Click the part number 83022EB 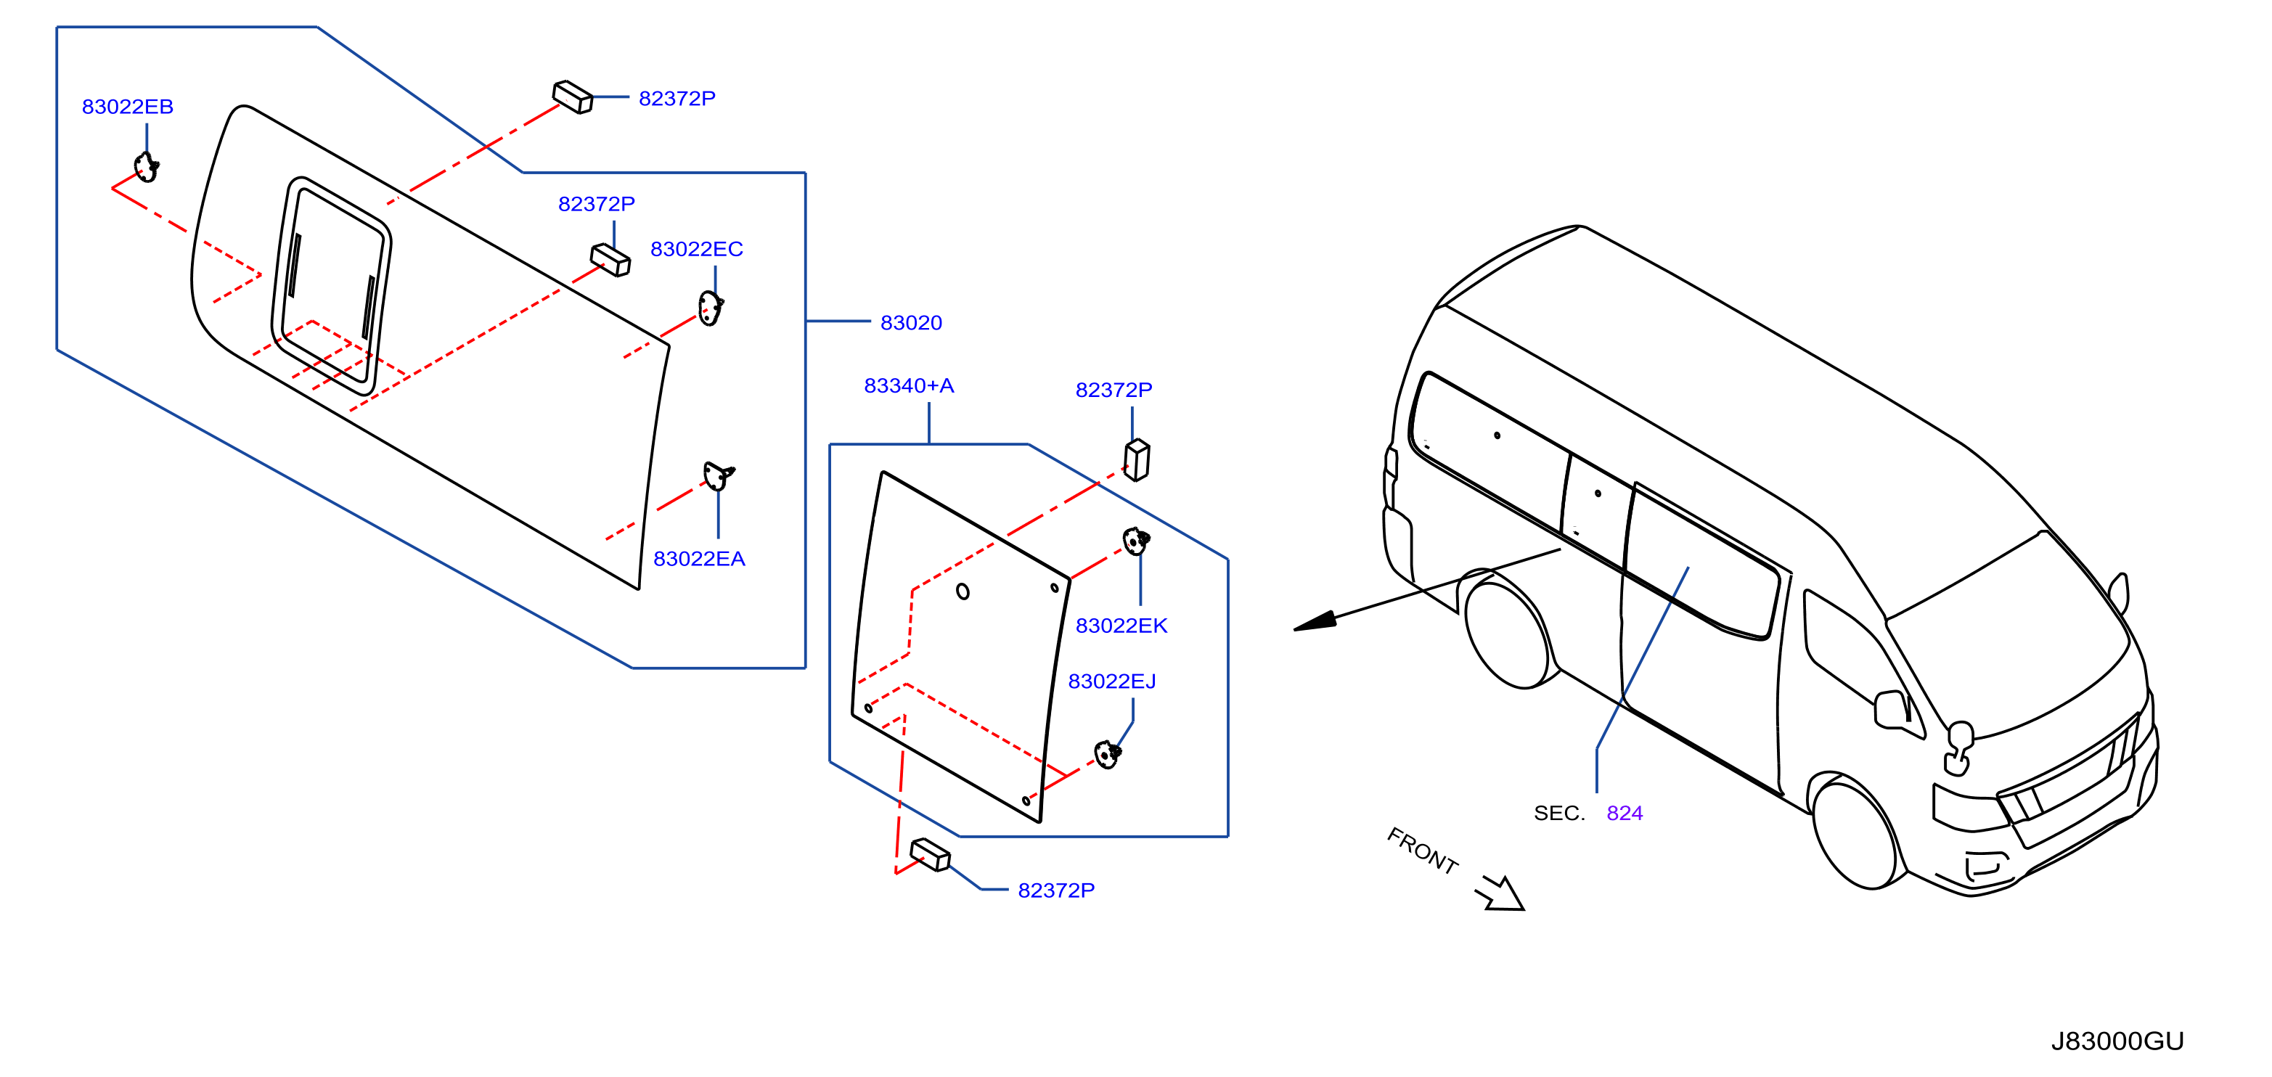click(x=127, y=107)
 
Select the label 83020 click(x=911, y=323)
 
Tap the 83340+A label click(x=909, y=385)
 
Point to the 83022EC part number click(x=696, y=249)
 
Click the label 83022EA click(x=698, y=558)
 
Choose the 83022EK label click(x=1121, y=626)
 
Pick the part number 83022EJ click(x=1111, y=681)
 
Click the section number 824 click(x=1625, y=812)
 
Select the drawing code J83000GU click(x=2117, y=1041)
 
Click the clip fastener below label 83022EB click(x=147, y=167)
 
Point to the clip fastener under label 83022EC click(x=710, y=308)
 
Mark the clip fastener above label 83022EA click(x=718, y=476)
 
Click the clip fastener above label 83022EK click(x=1136, y=540)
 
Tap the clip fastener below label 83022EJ click(x=1107, y=754)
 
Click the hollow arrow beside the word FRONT click(x=1501, y=893)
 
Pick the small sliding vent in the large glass click(x=332, y=286)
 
